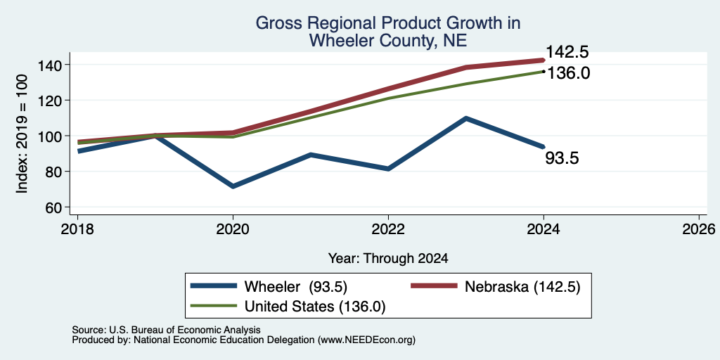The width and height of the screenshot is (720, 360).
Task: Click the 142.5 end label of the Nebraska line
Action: coord(567,52)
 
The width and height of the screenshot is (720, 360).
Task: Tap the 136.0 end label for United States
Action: coord(568,73)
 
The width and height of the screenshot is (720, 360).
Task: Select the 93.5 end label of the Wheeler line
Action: coord(562,158)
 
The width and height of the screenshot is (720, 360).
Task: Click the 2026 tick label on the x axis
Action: coord(699,229)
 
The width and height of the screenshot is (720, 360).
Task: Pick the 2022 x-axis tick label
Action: coord(388,229)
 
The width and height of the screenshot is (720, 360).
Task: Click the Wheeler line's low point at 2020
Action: coord(233,186)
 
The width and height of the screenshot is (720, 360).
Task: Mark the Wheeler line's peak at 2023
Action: coord(466,118)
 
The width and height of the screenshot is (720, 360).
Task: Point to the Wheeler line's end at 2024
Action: coord(544,146)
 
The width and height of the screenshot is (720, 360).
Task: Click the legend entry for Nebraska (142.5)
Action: coord(495,287)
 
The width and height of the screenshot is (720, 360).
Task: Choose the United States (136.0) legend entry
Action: coord(288,307)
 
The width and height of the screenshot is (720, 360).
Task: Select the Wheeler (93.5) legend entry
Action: coord(269,287)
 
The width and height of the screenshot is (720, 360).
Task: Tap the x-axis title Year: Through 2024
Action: coord(388,259)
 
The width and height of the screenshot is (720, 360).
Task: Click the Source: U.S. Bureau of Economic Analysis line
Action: coord(166,330)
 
